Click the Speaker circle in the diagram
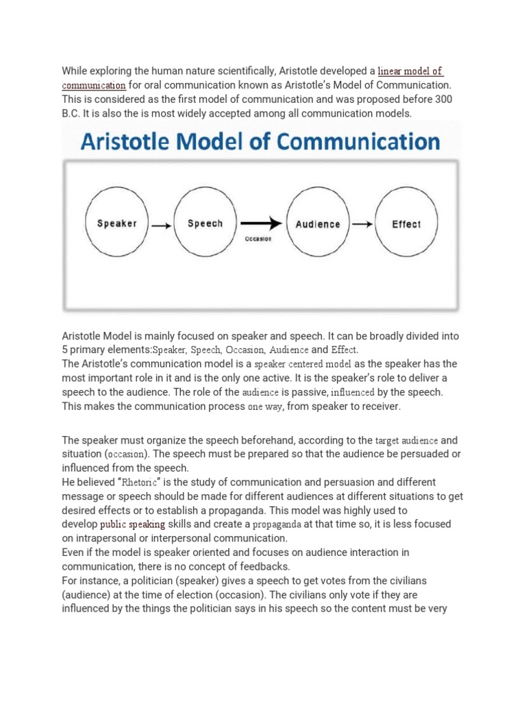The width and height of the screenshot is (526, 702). pyautogui.click(x=117, y=223)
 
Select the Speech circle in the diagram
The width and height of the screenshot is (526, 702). pyautogui.click(x=205, y=223)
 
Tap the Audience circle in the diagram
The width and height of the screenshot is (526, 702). pyautogui.click(x=317, y=223)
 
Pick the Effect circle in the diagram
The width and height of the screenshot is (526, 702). pyautogui.click(x=406, y=223)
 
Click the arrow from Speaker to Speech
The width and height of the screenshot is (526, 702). pyautogui.click(x=161, y=224)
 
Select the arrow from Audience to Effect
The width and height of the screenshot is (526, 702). pyautogui.click(x=362, y=224)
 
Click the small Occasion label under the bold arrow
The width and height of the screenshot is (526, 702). pyautogui.click(x=258, y=239)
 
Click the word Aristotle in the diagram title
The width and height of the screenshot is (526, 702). pyautogui.click(x=124, y=142)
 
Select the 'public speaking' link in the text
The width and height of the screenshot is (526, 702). pyautogui.click(x=133, y=524)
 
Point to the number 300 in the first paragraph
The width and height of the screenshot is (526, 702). pyautogui.click(x=443, y=99)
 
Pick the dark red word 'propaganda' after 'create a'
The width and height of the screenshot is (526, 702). pyautogui.click(x=277, y=524)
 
